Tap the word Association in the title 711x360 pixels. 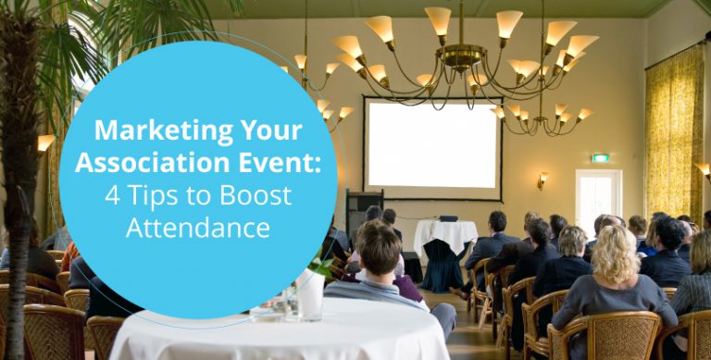coord(141,163)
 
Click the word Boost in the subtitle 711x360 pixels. coord(256,196)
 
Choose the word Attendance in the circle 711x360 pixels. coord(198,227)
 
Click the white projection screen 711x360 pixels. coord(430,144)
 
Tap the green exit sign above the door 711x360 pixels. coord(600,157)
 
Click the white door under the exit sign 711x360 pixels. coord(597,199)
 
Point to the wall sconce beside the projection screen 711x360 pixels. coord(543,178)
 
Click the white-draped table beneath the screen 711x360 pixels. coord(444,236)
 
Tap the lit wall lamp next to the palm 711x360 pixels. coord(45,143)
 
